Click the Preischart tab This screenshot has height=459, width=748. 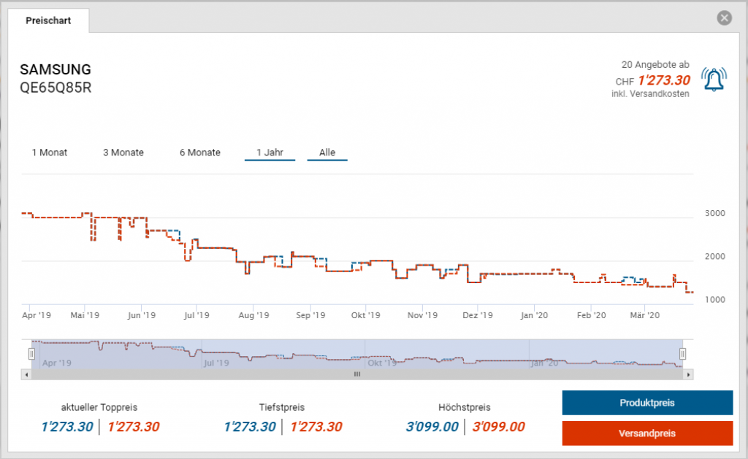tap(48, 20)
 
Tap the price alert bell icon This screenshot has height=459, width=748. tap(714, 79)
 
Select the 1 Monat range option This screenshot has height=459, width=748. tap(50, 153)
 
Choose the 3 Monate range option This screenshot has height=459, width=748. tap(123, 153)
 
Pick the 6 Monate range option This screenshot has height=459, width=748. tap(200, 153)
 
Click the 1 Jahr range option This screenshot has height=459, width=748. tap(270, 153)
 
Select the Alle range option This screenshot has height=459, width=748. tap(327, 153)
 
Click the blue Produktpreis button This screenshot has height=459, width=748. tap(646, 403)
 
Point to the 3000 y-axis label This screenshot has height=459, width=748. tap(714, 213)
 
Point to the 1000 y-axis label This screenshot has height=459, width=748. tap(714, 299)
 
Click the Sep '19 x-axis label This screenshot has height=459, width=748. tap(310, 315)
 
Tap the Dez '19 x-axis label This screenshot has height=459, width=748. tap(479, 315)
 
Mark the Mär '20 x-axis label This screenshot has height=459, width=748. tap(645, 315)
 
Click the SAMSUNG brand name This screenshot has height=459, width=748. tap(56, 70)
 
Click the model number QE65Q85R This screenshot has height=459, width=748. tap(56, 88)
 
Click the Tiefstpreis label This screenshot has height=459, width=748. tap(282, 407)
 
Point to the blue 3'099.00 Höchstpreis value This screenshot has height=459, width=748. tap(432, 427)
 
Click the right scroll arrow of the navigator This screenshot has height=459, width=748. tap(688, 374)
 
